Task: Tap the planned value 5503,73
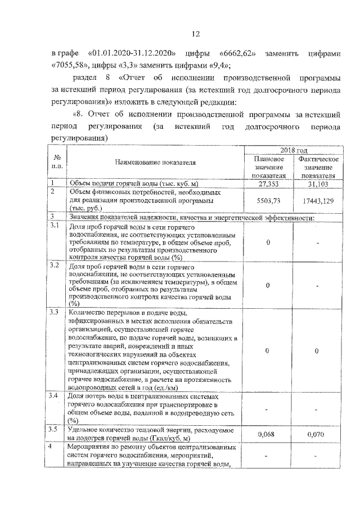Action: (x=268, y=200)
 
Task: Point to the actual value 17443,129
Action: (x=317, y=200)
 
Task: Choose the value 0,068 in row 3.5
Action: (x=268, y=434)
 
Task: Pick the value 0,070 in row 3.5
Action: (x=317, y=434)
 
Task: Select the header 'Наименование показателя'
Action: (x=155, y=163)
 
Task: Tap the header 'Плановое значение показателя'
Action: (x=268, y=167)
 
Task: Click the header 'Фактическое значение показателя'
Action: (x=317, y=167)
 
